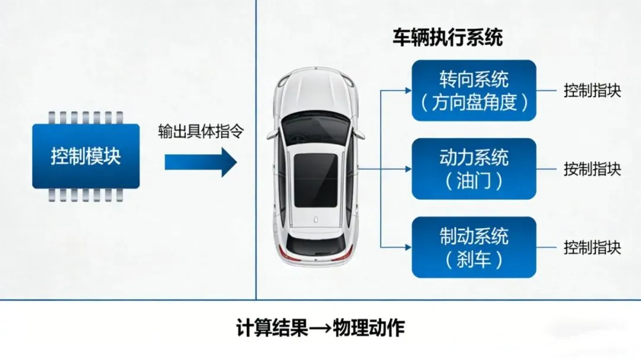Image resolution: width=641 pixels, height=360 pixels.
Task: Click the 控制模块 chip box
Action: [x=86, y=157]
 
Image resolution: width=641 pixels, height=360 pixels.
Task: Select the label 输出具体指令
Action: [x=201, y=132]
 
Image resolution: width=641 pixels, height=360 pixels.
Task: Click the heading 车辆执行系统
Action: [x=448, y=39]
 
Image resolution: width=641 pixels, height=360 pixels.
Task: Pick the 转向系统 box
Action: [x=474, y=90]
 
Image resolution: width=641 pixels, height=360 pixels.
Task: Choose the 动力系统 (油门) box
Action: [x=474, y=168]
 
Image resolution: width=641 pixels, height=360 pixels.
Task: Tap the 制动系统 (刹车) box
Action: [x=474, y=247]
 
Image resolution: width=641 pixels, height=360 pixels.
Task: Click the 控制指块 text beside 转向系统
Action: [x=592, y=91]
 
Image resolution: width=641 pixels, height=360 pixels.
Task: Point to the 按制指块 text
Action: [x=592, y=169]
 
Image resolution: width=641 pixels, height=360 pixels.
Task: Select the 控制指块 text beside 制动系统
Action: [x=592, y=247]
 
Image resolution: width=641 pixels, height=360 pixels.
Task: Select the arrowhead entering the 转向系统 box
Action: [x=407, y=91]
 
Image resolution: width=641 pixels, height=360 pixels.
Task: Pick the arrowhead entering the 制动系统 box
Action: [x=407, y=247]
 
